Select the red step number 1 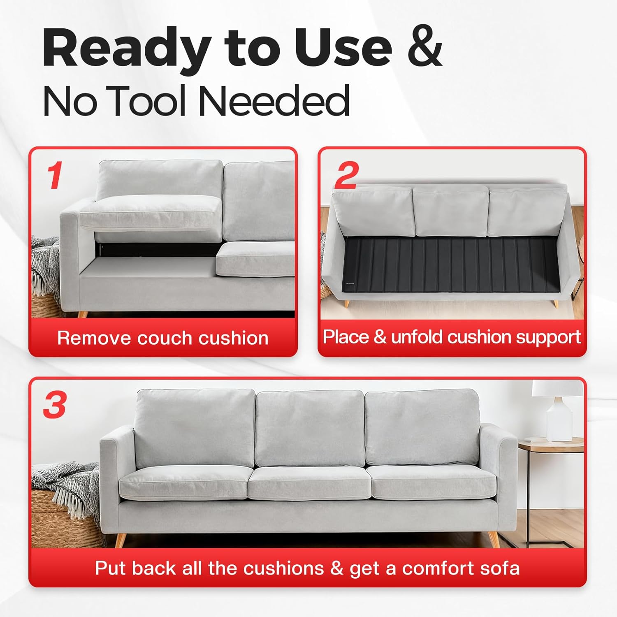pos(54,176)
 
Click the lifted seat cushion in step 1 pos(150,212)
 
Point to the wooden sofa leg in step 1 pos(82,314)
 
